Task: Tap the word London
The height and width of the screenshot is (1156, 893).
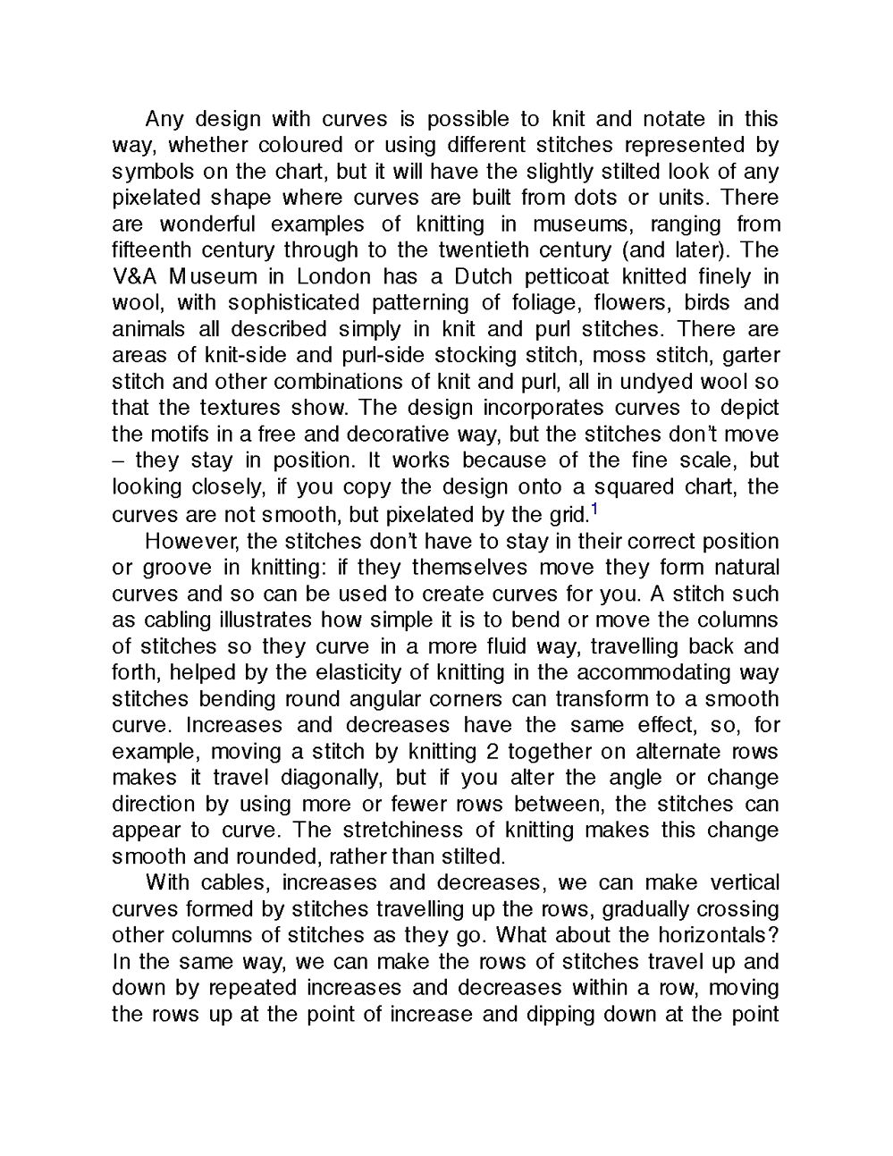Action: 333,276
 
